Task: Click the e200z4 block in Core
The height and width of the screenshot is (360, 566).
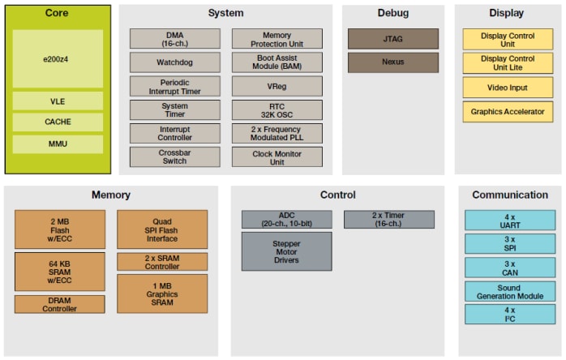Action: [57, 59]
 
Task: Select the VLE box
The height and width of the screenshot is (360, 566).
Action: [57, 101]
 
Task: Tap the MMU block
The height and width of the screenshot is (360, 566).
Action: [57, 144]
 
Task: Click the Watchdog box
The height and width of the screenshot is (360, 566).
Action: [174, 62]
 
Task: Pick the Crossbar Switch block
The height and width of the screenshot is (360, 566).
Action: [174, 156]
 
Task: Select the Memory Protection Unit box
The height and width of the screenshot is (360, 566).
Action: [277, 39]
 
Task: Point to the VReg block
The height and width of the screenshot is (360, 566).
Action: [277, 86]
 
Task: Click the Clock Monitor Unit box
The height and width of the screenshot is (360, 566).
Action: [277, 156]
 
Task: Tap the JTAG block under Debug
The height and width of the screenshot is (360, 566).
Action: [392, 39]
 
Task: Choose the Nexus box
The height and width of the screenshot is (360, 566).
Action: [392, 62]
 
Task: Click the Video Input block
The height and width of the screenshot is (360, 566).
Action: [507, 88]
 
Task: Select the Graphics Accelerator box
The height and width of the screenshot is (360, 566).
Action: [507, 112]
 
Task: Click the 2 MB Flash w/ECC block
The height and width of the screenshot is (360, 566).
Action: [59, 229]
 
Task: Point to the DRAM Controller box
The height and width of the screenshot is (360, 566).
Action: [59, 304]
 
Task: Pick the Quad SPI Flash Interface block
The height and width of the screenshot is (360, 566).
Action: [162, 229]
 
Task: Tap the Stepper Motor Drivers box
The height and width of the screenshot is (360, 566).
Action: [286, 251]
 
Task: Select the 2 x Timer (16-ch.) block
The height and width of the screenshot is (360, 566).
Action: [388, 219]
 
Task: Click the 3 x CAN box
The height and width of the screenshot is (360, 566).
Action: [509, 268]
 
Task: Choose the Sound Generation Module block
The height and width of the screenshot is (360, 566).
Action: [509, 291]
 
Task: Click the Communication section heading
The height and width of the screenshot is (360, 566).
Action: [509, 195]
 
